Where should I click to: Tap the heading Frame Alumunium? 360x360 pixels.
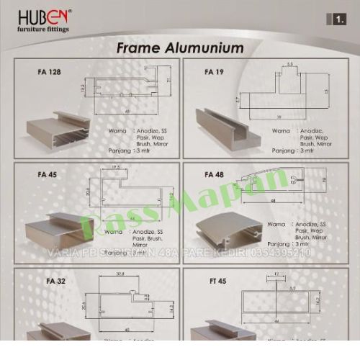pos(180,49)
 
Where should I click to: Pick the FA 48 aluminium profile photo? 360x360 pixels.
pos(230,227)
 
